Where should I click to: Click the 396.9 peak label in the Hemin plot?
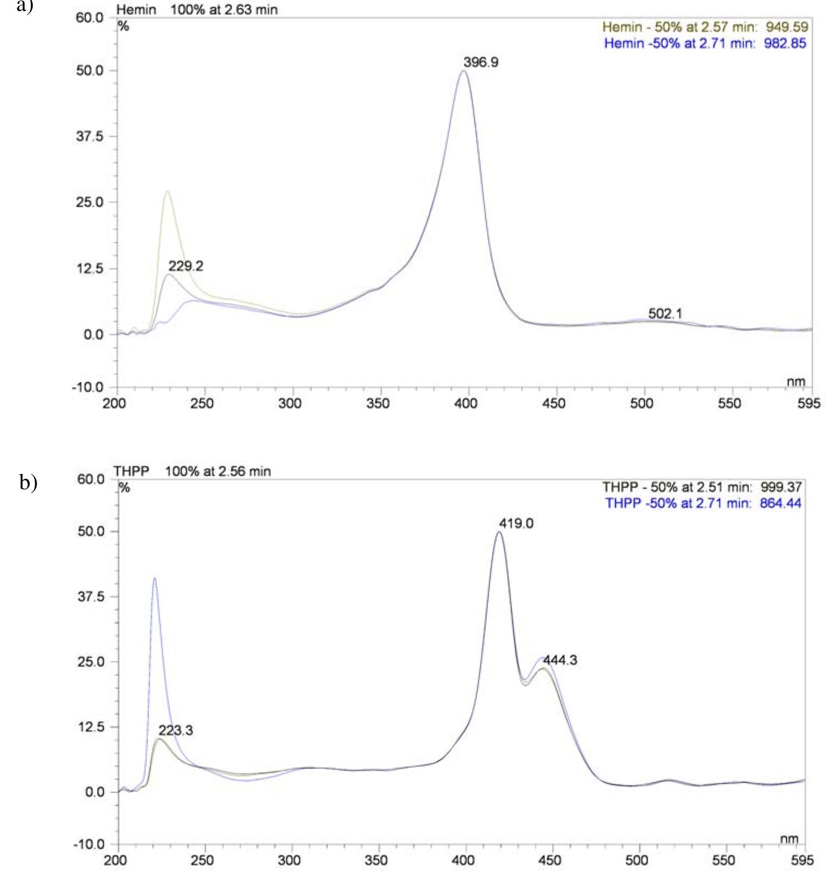(x=481, y=62)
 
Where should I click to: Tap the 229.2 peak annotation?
(x=186, y=266)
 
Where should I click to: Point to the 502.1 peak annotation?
(x=665, y=314)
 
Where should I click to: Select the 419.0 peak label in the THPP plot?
(x=516, y=523)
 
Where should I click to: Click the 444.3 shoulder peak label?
(x=560, y=660)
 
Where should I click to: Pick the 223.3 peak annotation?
(x=175, y=730)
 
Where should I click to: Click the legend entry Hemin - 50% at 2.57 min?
(x=705, y=27)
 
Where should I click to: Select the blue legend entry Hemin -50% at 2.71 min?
(x=705, y=43)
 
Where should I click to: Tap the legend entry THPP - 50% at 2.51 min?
(x=702, y=487)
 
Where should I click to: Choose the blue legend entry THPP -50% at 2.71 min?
(x=703, y=503)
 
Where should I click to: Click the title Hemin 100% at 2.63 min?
(x=197, y=9)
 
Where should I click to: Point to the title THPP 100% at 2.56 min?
(x=192, y=471)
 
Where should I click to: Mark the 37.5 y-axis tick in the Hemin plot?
(x=90, y=136)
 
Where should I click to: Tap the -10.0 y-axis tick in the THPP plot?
(x=88, y=845)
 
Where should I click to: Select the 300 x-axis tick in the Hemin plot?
(x=290, y=404)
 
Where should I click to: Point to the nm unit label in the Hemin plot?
(x=796, y=382)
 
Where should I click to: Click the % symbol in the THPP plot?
(x=124, y=488)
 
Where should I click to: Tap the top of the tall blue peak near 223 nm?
(x=155, y=578)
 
